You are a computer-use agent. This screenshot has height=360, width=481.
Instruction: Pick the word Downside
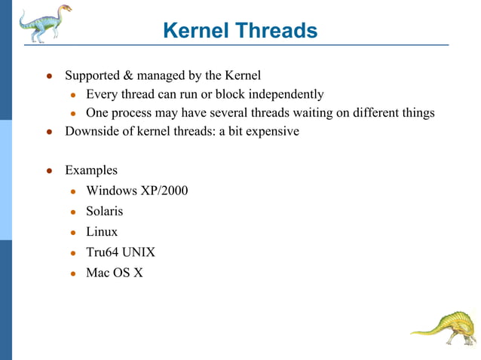pos(92,131)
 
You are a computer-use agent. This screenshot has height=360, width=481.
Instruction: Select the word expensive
pos(271,131)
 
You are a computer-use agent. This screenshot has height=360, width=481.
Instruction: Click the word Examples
pos(91,170)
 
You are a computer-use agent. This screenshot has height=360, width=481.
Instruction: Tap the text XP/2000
pos(161,191)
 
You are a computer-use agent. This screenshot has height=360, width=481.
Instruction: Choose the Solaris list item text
pos(104,211)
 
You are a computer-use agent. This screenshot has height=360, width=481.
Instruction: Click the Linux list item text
pos(102,232)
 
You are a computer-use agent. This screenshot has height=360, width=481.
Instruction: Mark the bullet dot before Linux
pos(74,233)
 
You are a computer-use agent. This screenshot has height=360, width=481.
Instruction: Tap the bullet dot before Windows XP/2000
pos(74,191)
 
